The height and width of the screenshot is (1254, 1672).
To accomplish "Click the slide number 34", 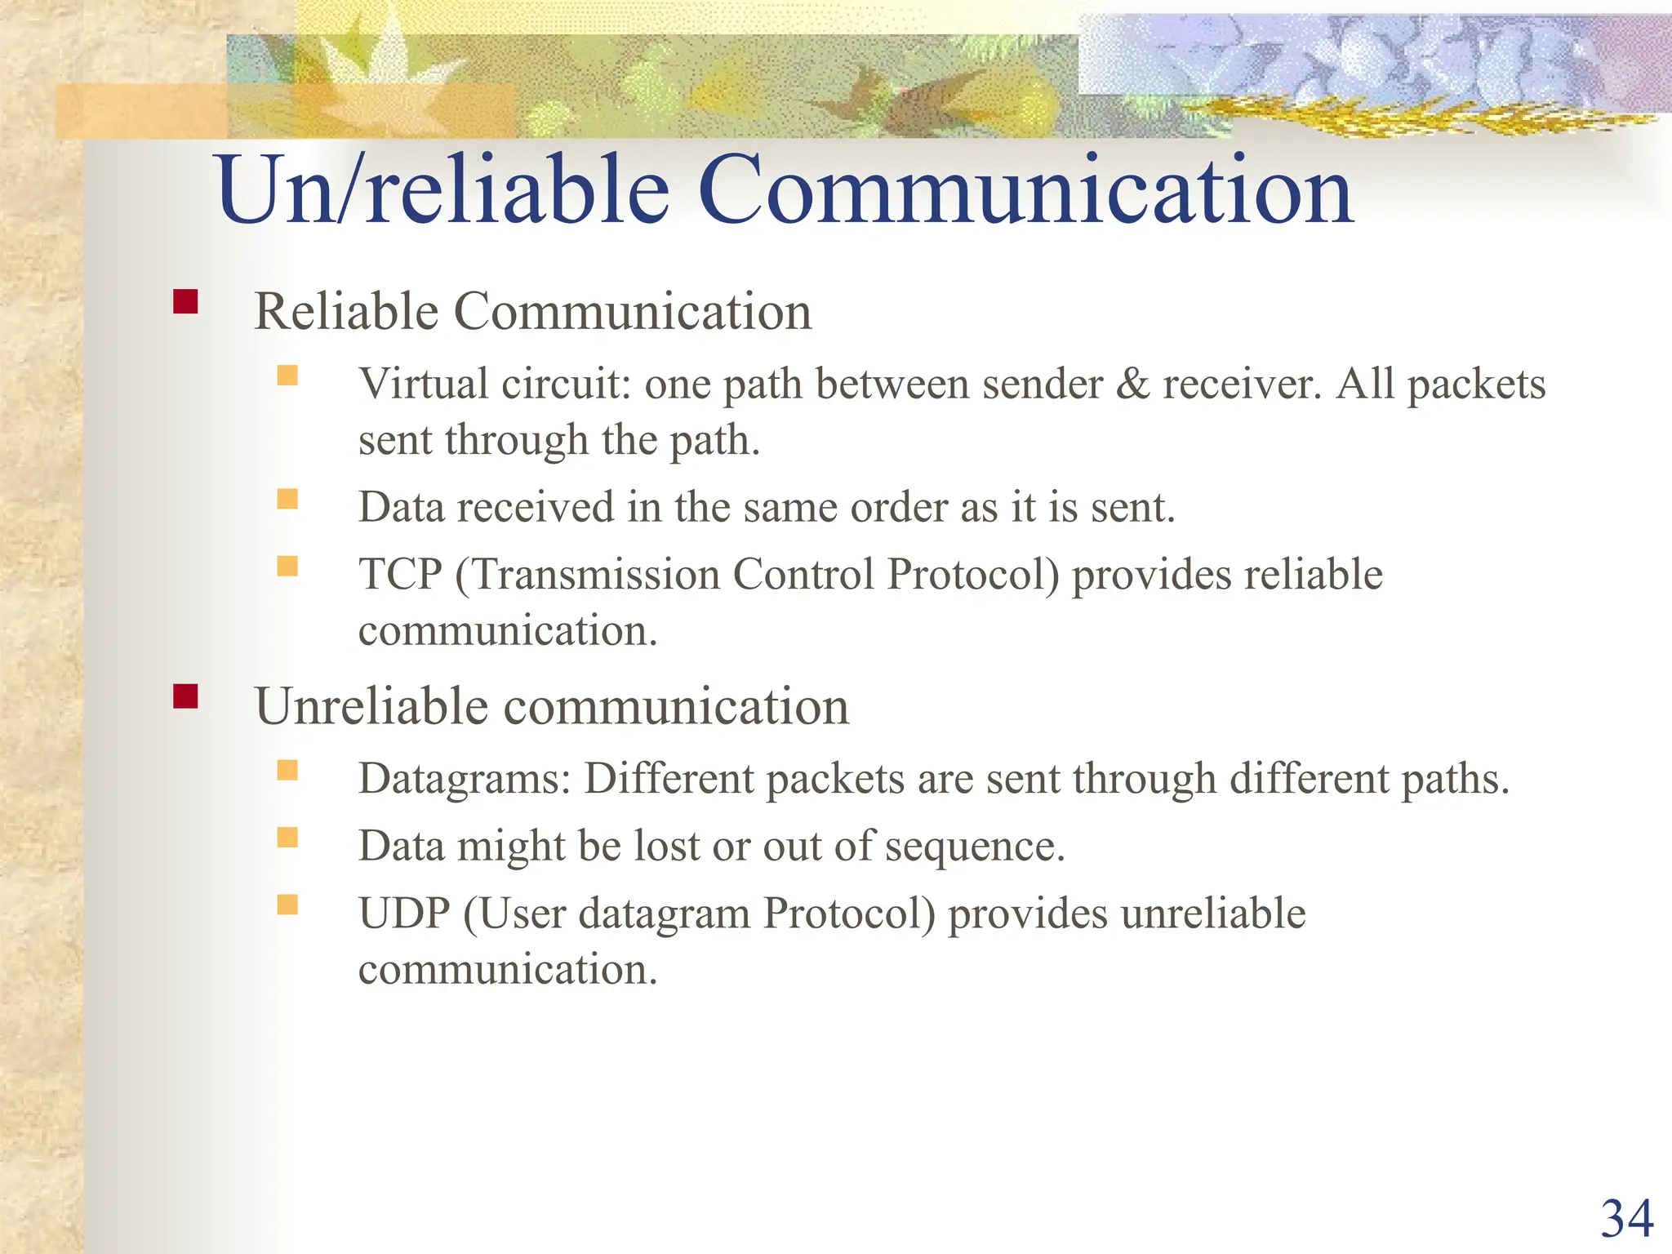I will pyautogui.click(x=1626, y=1219).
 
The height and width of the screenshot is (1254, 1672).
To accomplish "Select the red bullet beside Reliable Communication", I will pyautogui.click(x=185, y=303).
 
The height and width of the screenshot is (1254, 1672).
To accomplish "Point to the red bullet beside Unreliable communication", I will pyautogui.click(x=185, y=696).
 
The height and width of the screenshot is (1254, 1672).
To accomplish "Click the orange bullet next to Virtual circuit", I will pyautogui.click(x=287, y=375).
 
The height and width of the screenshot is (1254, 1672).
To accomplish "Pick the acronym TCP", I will pyautogui.click(x=400, y=574).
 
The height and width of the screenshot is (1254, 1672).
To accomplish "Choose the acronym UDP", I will pyautogui.click(x=404, y=913).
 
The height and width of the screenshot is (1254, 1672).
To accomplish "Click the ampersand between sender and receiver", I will pyautogui.click(x=1132, y=384).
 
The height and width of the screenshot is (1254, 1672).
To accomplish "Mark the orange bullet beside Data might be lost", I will pyautogui.click(x=287, y=838).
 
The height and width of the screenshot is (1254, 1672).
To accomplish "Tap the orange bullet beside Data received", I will pyautogui.click(x=287, y=499).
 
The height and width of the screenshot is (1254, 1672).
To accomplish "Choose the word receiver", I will pyautogui.click(x=1241, y=384).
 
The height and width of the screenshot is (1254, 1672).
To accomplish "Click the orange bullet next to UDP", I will pyautogui.click(x=287, y=905).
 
